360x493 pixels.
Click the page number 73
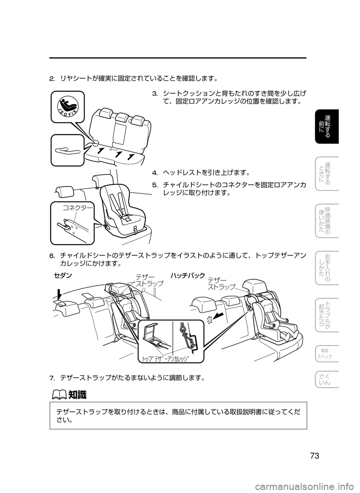pyautogui.click(x=314, y=456)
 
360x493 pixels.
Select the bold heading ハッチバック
pyautogui.click(x=187, y=276)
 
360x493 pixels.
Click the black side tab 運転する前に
pyautogui.click(x=327, y=126)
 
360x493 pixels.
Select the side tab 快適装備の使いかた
pyautogui.click(x=327, y=221)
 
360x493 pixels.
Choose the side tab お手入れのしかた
pyautogui.click(x=327, y=268)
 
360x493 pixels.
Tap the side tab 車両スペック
pyautogui.click(x=327, y=353)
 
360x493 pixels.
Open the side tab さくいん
pyautogui.click(x=327, y=380)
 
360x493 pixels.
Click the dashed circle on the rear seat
pyautogui.click(x=95, y=143)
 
